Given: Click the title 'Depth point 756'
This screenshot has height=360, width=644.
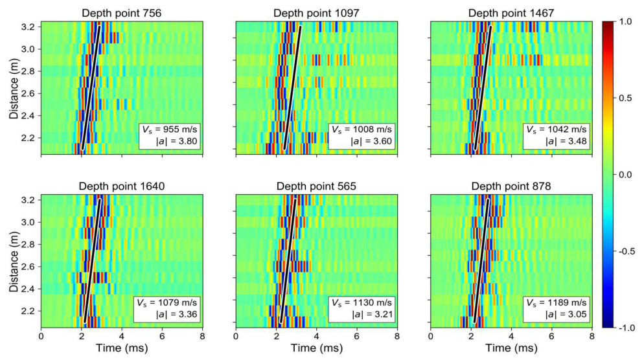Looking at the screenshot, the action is [122, 13].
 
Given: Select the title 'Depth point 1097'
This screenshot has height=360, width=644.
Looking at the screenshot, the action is [316, 13].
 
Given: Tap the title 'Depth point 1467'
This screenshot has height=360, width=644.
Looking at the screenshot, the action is [511, 13].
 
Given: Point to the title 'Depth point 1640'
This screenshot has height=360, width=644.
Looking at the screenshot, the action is [122, 186].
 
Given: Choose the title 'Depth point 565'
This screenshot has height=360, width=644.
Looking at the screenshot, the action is [316, 186].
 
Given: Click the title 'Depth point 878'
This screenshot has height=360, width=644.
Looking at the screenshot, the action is [511, 186].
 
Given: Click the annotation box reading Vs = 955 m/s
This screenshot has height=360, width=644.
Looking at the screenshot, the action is [170, 135].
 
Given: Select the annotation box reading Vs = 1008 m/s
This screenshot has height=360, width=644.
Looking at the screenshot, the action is [362, 135].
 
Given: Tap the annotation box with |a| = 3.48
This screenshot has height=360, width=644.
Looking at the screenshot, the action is [556, 135].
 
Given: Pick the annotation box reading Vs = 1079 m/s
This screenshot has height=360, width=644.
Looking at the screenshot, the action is [167, 309].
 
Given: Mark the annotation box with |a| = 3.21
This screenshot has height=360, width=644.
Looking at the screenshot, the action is [362, 309].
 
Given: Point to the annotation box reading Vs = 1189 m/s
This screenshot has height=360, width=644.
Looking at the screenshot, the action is [556, 309].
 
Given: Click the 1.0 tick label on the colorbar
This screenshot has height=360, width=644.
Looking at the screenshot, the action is [625, 22].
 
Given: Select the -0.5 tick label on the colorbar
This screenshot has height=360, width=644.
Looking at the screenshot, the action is [625, 251].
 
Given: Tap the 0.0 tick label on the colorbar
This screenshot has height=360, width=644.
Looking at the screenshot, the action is [625, 175].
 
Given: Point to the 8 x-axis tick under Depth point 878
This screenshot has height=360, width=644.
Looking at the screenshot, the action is [592, 336].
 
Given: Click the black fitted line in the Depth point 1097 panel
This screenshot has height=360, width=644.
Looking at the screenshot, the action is [292, 88].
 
